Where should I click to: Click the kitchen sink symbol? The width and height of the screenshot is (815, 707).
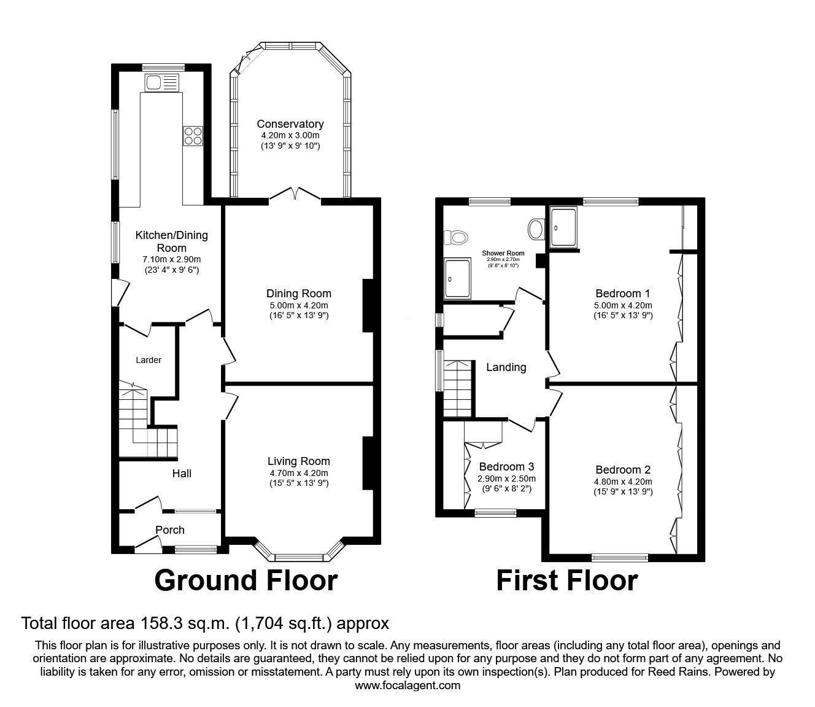(x=162, y=83)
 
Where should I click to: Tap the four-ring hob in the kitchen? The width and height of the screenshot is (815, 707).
(x=193, y=136)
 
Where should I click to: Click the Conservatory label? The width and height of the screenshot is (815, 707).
(x=290, y=124)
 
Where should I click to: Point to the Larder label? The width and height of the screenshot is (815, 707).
(x=149, y=360)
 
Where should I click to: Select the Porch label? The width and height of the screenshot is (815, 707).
(x=170, y=529)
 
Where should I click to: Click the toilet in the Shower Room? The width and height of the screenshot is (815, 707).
(x=456, y=238)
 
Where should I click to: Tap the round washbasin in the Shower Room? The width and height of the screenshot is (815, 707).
(x=536, y=229)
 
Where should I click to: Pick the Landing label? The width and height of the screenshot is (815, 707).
(x=506, y=367)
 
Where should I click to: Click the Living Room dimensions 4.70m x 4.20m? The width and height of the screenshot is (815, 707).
(x=299, y=473)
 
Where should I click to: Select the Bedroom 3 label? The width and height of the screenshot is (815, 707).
(x=507, y=467)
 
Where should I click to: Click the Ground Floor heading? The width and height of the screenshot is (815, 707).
(x=246, y=580)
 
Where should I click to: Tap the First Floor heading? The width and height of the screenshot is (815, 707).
(x=567, y=580)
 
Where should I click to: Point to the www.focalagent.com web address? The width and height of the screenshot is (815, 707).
(x=407, y=686)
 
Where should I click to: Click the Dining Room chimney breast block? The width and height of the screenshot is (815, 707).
(x=368, y=306)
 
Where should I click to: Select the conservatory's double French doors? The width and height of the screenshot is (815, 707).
(x=295, y=194)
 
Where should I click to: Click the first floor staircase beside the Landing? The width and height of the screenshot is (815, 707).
(x=458, y=388)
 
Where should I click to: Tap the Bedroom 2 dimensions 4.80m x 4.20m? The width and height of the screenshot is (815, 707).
(x=623, y=482)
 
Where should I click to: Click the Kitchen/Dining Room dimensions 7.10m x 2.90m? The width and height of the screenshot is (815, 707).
(x=171, y=259)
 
